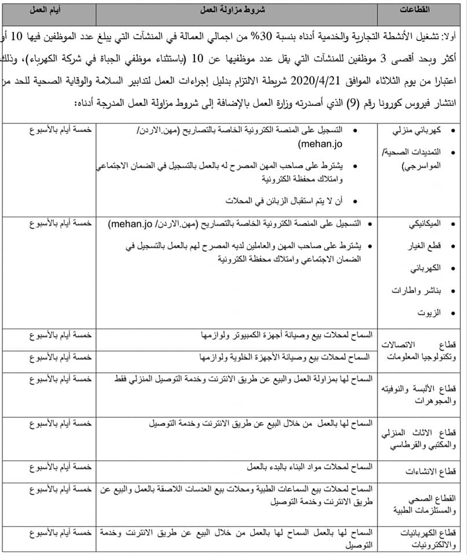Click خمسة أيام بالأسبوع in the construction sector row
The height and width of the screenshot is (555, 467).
click(x=61, y=465)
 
